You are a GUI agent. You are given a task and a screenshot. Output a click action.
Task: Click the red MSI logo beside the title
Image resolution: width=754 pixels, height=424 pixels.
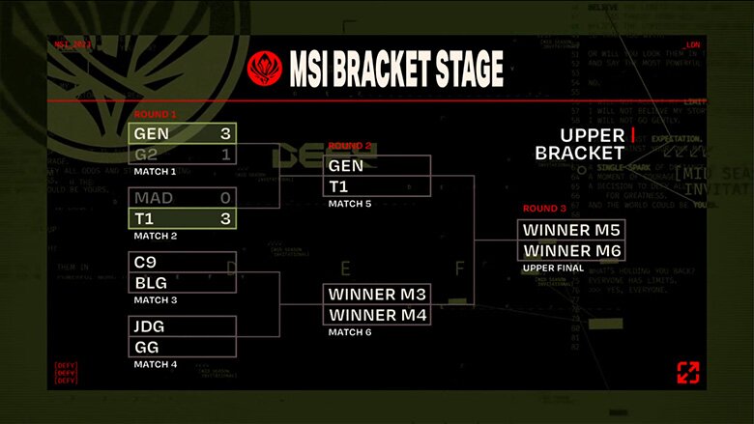[x=264, y=69]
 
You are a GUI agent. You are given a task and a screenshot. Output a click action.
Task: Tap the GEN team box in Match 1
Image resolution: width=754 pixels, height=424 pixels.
[x=183, y=133]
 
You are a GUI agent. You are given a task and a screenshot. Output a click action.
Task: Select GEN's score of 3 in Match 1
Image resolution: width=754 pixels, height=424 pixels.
[x=225, y=133]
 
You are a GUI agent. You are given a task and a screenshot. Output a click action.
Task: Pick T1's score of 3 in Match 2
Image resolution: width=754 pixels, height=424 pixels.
[x=225, y=218]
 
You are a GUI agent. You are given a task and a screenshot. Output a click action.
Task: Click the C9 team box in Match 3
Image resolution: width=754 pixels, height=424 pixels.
[x=183, y=263]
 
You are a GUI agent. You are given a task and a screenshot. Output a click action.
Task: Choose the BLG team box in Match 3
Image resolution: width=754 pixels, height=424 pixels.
[x=183, y=283]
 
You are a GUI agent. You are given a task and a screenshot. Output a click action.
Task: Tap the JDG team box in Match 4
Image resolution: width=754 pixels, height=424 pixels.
[x=183, y=326]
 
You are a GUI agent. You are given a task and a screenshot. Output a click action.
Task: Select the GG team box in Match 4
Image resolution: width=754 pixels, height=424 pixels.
[x=183, y=347]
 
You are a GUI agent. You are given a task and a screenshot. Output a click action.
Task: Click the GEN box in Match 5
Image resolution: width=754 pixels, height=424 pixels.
[x=377, y=166]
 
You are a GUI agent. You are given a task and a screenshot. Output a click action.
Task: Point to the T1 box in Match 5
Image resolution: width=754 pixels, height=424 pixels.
[x=377, y=186]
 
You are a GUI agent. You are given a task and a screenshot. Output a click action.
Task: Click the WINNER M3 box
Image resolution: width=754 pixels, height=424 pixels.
[x=377, y=295]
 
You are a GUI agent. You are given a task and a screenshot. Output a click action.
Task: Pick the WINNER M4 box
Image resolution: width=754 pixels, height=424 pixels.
[x=377, y=315]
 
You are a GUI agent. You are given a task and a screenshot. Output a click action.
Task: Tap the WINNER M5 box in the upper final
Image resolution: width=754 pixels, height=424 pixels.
[x=570, y=230]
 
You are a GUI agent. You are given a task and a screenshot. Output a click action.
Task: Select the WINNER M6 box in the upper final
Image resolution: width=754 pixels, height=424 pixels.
[x=570, y=251]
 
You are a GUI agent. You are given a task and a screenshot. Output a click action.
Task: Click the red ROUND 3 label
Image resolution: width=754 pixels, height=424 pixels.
[x=545, y=209]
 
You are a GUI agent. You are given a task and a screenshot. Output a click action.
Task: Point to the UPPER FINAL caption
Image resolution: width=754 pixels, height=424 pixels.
[x=551, y=268]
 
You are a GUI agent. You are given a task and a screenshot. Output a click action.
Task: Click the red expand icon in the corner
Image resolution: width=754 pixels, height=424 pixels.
[x=687, y=372]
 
